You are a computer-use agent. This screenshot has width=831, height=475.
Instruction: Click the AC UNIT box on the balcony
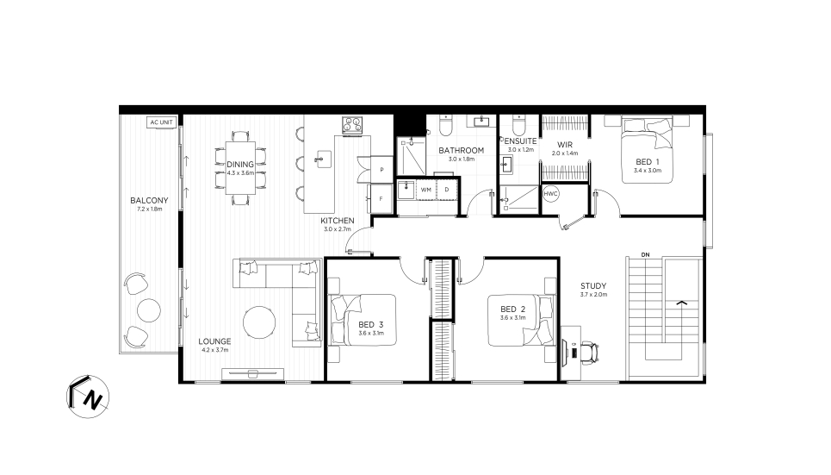point(161,122)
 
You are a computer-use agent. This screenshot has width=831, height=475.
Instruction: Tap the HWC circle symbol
point(550,194)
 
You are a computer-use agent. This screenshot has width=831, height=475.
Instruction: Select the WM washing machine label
point(426,190)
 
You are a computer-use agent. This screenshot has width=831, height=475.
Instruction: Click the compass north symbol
point(88,397)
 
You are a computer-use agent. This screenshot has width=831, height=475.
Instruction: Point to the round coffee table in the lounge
point(259,322)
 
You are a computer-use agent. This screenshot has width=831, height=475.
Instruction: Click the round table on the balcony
point(149,310)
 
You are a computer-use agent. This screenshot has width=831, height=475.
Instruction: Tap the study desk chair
point(589,353)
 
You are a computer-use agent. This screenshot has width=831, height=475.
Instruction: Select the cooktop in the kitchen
point(352,124)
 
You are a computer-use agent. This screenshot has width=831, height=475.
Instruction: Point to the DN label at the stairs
point(645,255)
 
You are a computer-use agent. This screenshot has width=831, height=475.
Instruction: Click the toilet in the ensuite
point(518,125)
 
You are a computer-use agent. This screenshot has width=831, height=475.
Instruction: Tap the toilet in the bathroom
point(445,125)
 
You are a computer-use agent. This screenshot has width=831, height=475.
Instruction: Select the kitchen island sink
point(322,159)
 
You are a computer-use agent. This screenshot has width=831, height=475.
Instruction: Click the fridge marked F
point(381,198)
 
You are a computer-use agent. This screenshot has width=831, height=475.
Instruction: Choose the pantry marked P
point(381,170)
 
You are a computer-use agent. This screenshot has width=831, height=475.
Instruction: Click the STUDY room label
point(593,285)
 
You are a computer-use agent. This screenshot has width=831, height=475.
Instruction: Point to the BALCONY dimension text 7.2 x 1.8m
point(150,209)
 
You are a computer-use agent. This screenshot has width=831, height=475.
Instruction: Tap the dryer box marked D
point(447,190)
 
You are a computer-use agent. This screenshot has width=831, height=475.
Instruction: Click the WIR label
point(564,144)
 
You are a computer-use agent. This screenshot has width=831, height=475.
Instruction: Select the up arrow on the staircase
point(681,303)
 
